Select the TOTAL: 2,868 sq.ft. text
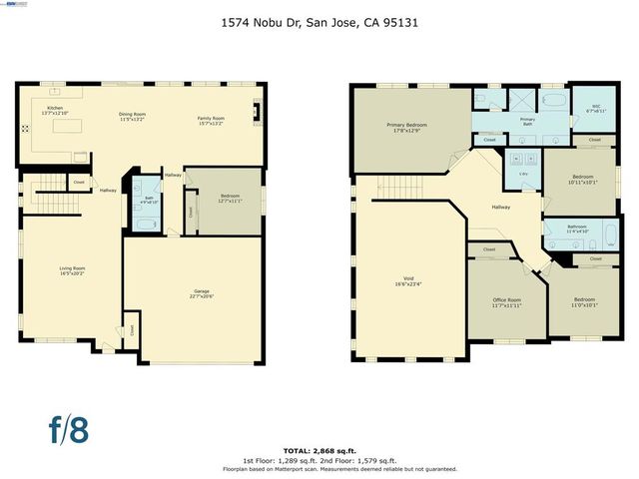coord(319,450)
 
